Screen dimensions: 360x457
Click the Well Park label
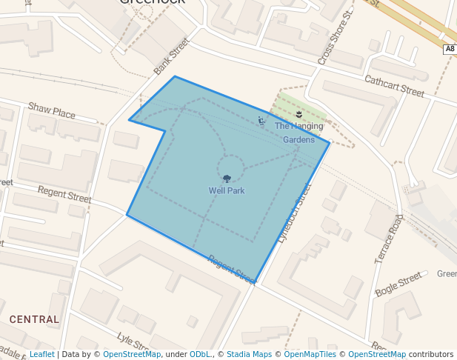[227, 190]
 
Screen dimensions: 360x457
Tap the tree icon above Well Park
[227, 179]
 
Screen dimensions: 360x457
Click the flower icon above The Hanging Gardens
[298, 114]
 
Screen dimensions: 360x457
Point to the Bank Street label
[172, 57]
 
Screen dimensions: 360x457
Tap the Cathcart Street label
[394, 86]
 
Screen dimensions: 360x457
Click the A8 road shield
[450, 49]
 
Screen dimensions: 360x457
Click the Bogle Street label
[398, 284]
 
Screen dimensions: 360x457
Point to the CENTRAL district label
[34, 319]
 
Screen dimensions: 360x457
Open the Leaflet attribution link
[41, 354]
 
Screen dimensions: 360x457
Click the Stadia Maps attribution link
[249, 354]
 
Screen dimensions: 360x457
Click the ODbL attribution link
[201, 354]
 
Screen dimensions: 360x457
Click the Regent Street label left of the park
[64, 195]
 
